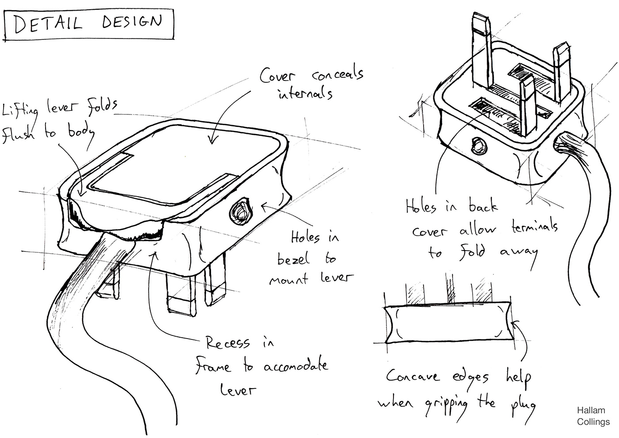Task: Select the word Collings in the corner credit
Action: pyautogui.click(x=593, y=422)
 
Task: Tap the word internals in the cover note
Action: pyautogui.click(x=305, y=94)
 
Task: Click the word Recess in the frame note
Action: pyautogui.click(x=228, y=344)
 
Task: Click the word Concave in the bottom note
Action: pyautogui.click(x=413, y=377)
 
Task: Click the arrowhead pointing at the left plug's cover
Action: pyautogui.click(x=211, y=141)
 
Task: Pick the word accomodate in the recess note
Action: pyautogui.click(x=296, y=367)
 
